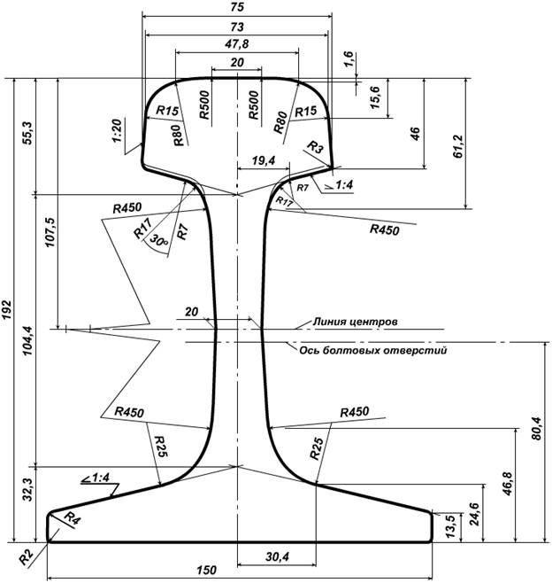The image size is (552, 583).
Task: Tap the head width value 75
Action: coord(237,7)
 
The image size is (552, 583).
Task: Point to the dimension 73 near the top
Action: coord(237,27)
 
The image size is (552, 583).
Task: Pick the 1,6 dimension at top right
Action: coord(349,60)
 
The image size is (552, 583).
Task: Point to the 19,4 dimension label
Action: coord(262,160)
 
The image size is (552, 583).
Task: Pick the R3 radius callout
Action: coord(315,145)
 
